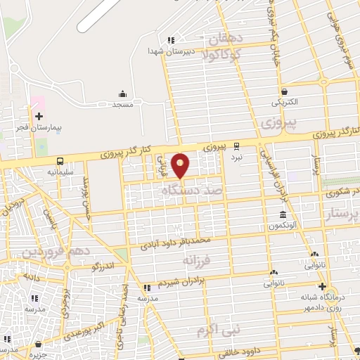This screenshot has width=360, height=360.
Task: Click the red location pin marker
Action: click(181, 165)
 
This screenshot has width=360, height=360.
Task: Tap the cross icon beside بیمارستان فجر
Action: click(39, 115)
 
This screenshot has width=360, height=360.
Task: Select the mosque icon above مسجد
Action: click(123, 94)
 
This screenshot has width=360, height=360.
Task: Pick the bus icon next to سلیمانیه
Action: click(60, 161)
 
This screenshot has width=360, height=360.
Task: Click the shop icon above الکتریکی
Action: click(284, 91)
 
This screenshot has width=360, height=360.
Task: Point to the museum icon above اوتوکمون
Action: click(283, 214)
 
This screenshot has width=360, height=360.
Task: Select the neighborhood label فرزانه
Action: click(197, 260)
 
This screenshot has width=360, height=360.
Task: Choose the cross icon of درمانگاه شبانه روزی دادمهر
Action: click(322, 286)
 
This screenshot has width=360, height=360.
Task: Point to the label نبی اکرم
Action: click(219, 329)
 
